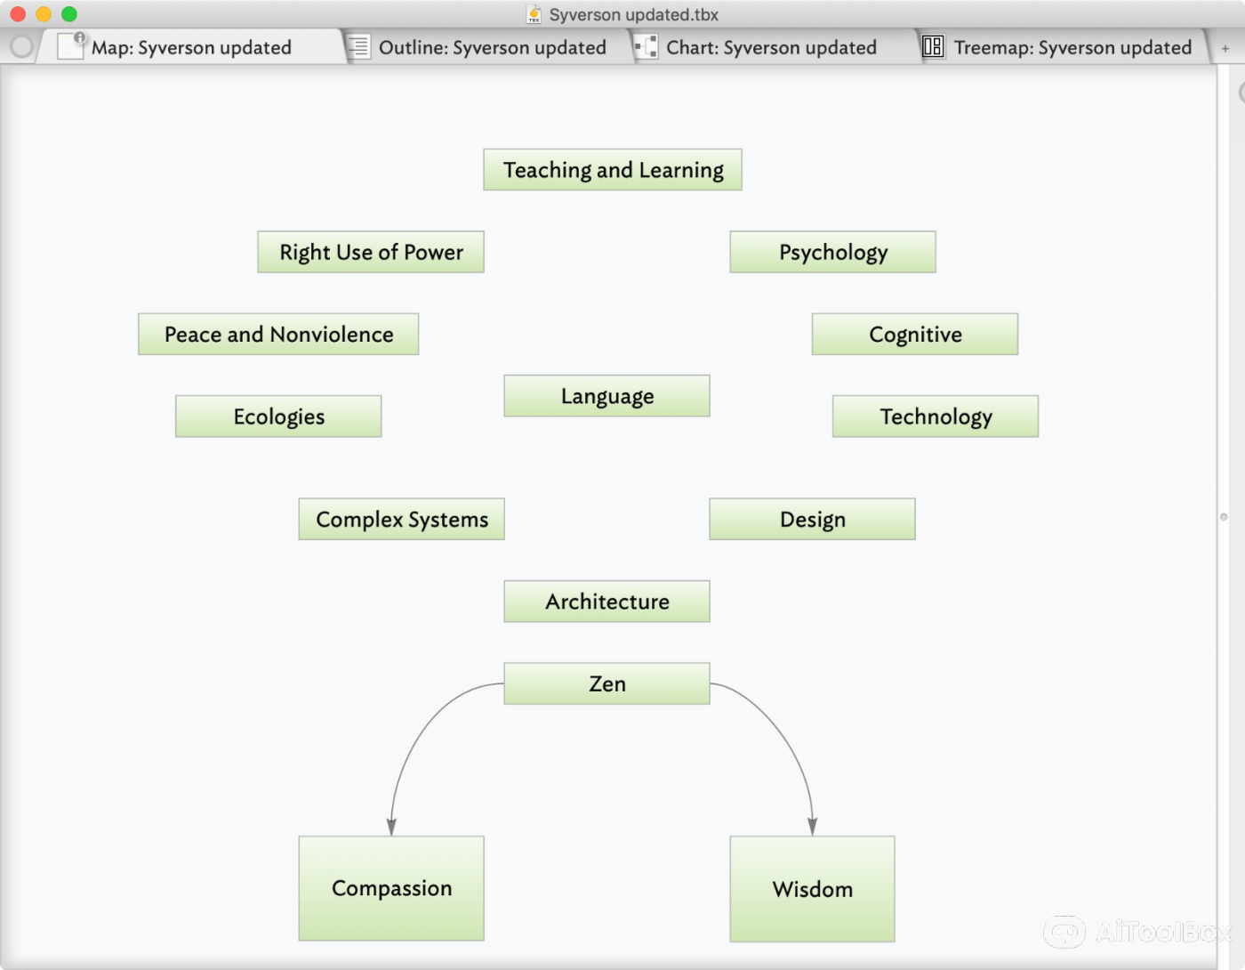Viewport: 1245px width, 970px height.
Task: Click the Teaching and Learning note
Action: (613, 170)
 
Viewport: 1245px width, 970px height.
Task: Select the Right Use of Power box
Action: (371, 252)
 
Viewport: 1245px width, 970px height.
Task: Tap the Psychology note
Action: (832, 252)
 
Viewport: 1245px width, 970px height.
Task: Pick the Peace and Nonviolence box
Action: (278, 335)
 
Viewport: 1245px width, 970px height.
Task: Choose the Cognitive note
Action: (914, 335)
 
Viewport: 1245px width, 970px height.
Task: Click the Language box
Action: (606, 396)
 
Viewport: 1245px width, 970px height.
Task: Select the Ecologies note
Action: (278, 416)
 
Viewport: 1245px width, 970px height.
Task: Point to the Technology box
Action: (935, 416)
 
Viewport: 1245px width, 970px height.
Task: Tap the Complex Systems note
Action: (401, 520)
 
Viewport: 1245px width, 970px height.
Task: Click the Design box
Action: (812, 520)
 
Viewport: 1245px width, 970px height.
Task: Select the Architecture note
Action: (606, 602)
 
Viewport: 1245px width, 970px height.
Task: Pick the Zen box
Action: (606, 683)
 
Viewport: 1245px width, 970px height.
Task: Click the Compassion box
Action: (391, 888)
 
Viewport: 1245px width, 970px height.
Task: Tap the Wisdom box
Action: (812, 889)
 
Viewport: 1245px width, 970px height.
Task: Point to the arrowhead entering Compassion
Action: (391, 828)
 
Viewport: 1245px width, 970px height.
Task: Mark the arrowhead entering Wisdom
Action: (812, 828)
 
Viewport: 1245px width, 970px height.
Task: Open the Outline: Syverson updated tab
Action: (491, 47)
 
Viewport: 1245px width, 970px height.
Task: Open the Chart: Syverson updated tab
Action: (770, 47)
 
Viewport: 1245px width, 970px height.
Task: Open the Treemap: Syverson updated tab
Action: (1072, 47)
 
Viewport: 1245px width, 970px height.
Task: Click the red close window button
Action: (18, 14)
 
